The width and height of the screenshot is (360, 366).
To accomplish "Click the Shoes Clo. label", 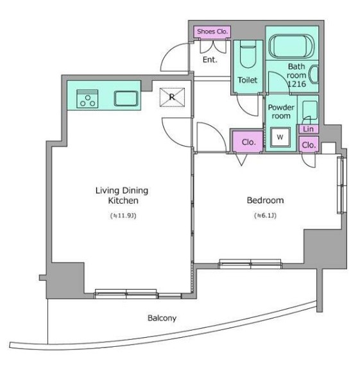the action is [x=212, y=31].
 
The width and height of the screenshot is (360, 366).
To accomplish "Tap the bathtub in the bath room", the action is [x=291, y=46].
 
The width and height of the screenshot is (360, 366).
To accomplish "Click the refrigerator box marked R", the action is [x=172, y=97].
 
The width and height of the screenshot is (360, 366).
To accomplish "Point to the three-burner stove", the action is [x=87, y=99].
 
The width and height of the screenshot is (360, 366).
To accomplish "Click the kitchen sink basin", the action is [x=126, y=99].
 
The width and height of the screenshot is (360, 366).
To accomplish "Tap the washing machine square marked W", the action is [x=280, y=137].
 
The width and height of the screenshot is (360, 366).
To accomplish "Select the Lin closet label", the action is [x=308, y=129].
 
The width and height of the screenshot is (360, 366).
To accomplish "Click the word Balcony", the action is [x=162, y=318].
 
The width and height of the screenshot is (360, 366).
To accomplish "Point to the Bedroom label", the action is [x=266, y=200].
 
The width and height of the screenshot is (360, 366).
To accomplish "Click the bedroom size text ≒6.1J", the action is [x=265, y=215].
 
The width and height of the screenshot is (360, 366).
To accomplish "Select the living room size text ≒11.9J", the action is [x=123, y=215].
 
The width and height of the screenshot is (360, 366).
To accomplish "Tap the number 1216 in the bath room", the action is [x=296, y=84].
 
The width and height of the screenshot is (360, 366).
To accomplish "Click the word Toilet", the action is [x=248, y=80].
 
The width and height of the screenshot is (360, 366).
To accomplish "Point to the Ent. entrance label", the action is [x=210, y=60].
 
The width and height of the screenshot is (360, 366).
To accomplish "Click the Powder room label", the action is [x=281, y=112].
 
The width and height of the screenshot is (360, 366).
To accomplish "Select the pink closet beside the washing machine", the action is [x=248, y=142].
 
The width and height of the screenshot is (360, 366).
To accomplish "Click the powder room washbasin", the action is [x=310, y=110].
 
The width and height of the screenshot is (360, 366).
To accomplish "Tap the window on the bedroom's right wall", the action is [x=341, y=185].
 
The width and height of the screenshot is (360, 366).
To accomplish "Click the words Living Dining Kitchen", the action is [x=122, y=195].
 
